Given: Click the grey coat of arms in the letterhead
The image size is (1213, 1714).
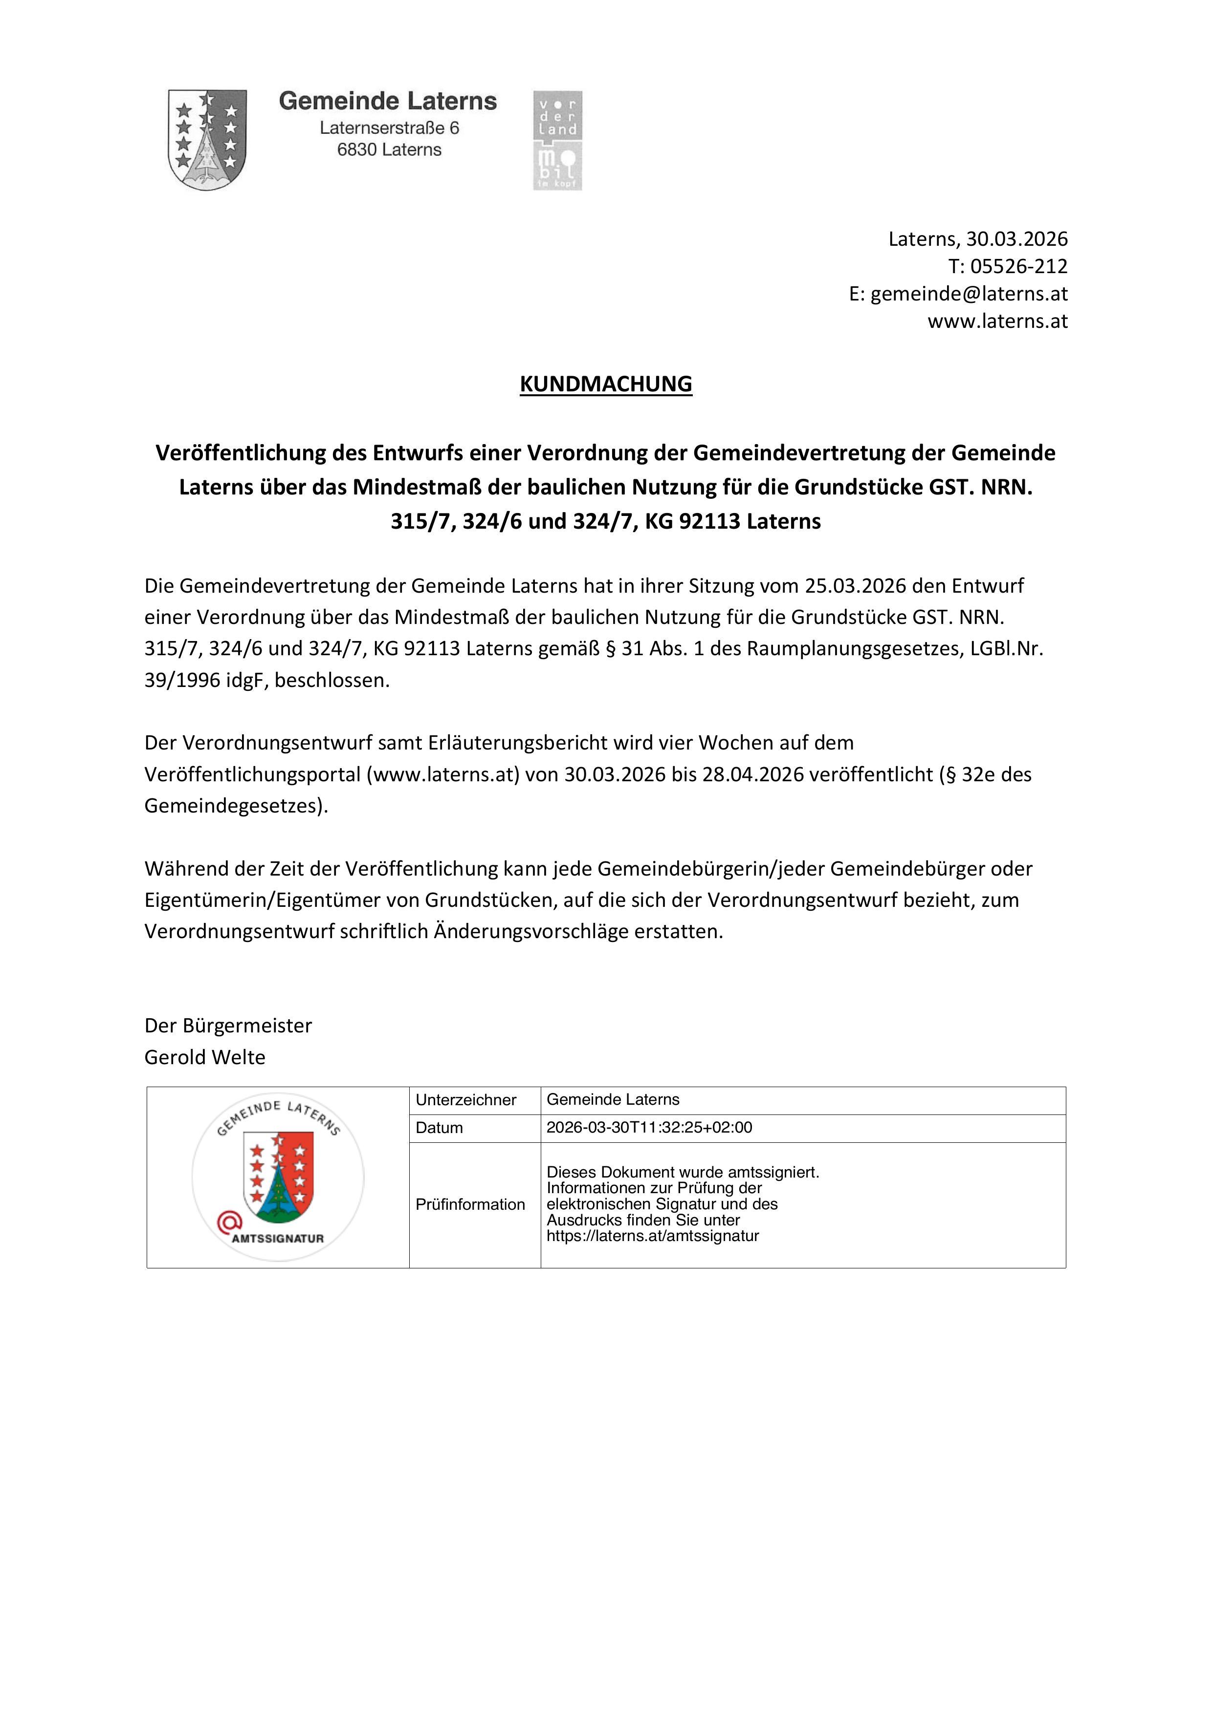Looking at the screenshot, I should click(x=207, y=140).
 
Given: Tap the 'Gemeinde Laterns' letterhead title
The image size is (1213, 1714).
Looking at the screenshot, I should click(x=388, y=101).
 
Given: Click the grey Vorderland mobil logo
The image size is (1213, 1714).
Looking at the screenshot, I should click(x=557, y=140).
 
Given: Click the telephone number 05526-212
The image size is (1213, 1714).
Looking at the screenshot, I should click(x=1019, y=266).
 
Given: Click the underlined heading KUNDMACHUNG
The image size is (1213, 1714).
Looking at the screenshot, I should click(x=606, y=384).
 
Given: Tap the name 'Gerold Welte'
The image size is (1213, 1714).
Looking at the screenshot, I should click(x=205, y=1057).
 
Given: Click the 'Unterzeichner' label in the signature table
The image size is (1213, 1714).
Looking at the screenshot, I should click(x=466, y=1100).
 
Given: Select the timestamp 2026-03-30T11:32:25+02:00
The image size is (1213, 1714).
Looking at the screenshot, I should click(x=649, y=1128).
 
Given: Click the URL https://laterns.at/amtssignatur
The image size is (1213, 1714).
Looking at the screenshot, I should click(x=652, y=1236).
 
